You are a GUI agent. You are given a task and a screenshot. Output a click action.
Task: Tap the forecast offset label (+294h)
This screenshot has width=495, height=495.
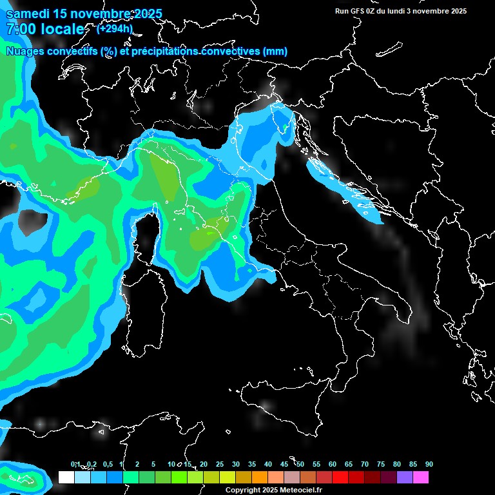tap(114, 28)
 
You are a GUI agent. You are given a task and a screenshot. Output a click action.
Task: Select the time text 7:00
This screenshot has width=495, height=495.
tap(19, 29)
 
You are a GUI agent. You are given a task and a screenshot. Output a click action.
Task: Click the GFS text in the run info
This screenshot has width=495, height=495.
tap(358, 11)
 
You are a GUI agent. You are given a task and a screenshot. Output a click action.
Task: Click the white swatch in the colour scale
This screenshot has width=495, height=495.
tap(66, 477)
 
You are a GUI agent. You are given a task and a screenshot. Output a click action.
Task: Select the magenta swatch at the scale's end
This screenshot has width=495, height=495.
tap(421, 477)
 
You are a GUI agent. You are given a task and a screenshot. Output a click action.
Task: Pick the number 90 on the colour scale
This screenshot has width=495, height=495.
tap(429, 465)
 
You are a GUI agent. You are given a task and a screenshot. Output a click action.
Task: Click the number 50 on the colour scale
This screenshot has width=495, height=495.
tap(300, 465)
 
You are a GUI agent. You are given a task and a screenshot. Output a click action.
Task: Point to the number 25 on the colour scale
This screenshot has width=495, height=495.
tap(220, 465)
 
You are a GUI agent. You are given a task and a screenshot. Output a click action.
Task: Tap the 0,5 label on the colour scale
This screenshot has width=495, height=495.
tap(108, 465)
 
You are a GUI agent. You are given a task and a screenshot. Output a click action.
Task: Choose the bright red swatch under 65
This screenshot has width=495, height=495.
tap(340, 477)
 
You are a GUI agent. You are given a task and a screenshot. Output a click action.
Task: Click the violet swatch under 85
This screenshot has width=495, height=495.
tap(405, 477)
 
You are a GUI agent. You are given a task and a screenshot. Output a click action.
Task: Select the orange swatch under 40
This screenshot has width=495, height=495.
tap(260, 477)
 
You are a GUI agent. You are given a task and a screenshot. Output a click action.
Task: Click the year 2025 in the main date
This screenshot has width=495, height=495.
tap(148, 14)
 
